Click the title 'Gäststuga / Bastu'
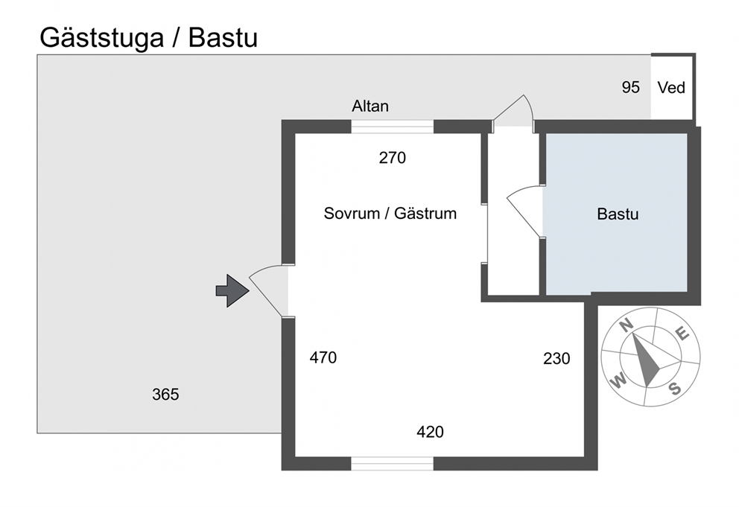tap(148, 38)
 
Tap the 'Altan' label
tap(370, 106)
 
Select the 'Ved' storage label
tap(671, 88)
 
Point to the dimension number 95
tap(630, 87)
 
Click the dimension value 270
tap(392, 158)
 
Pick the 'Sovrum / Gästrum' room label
tap(390, 214)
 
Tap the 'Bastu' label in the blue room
tap(618, 214)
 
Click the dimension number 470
tap(323, 357)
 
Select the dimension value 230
tap(556, 359)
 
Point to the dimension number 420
tap(430, 432)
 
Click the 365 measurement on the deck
tap(165, 395)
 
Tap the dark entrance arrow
tap(232, 290)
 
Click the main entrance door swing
tap(267, 287)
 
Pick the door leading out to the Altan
tap(513, 111)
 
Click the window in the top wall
tap(392, 127)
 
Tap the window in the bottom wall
tap(392, 464)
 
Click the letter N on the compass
tap(626, 325)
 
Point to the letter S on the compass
tap(676, 389)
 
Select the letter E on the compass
tap(682, 334)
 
